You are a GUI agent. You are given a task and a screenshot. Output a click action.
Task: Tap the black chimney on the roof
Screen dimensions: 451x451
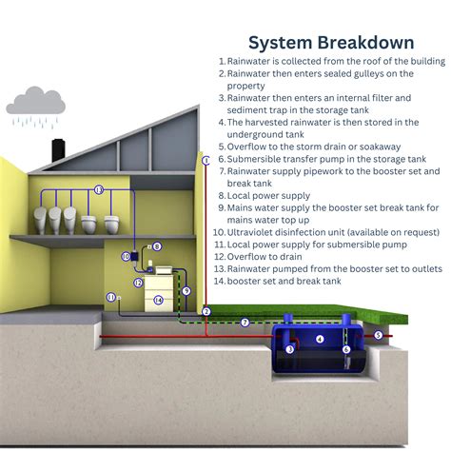[x=58, y=149]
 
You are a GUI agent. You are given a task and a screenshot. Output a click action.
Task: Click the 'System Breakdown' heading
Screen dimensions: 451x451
[x=330, y=43]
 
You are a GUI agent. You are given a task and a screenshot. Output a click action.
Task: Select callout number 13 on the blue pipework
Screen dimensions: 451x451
[x=99, y=190]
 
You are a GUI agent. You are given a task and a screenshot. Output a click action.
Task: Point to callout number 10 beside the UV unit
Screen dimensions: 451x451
[x=125, y=256]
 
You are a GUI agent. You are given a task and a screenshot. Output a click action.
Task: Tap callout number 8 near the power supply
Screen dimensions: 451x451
[x=157, y=246]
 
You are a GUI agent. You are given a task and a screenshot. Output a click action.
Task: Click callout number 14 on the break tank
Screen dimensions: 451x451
[x=158, y=300]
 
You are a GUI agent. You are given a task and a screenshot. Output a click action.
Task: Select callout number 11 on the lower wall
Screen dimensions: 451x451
[x=109, y=297]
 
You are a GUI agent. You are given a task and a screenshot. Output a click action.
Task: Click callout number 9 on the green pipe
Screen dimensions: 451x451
[x=186, y=291]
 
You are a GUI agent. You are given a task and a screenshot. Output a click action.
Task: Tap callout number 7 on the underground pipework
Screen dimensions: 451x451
[x=245, y=323]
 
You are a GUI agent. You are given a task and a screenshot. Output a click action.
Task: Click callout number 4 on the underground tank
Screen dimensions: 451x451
[x=320, y=339]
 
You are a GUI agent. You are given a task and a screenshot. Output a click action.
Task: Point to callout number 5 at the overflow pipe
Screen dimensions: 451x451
[x=378, y=335]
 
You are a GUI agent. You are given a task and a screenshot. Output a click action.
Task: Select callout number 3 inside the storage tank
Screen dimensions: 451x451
[x=290, y=349]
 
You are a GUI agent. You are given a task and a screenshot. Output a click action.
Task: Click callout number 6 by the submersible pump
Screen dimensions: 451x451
[x=346, y=349]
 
